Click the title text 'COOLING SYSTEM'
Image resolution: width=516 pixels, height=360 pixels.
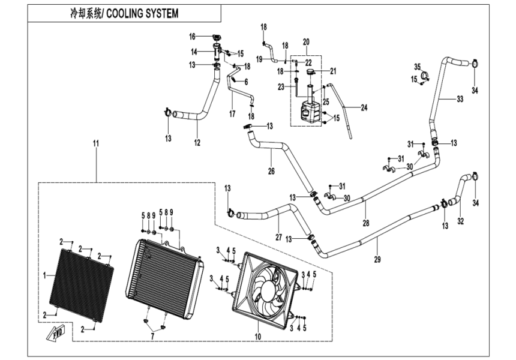(x=146, y=13)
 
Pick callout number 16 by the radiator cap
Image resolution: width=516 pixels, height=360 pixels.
(x=193, y=36)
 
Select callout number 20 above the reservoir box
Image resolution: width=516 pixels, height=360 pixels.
(x=306, y=42)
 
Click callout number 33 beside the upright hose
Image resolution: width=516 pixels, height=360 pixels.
(x=460, y=98)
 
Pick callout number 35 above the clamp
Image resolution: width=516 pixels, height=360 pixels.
(x=418, y=66)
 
